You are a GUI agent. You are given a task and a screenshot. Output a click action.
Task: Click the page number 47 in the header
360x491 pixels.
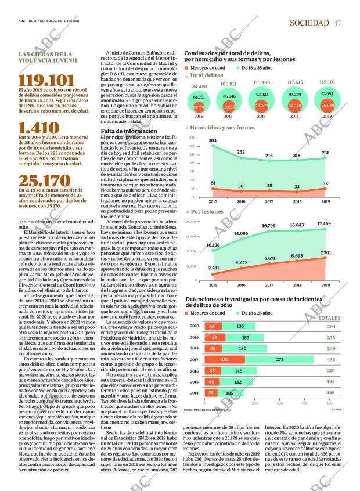(x=337, y=23)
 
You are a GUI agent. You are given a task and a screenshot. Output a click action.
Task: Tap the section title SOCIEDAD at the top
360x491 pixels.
(x=309, y=23)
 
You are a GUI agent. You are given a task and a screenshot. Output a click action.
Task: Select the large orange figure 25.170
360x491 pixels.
(x=44, y=181)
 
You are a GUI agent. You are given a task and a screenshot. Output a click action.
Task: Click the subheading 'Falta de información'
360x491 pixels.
(x=129, y=131)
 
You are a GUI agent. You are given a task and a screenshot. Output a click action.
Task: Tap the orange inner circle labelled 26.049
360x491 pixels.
(x=327, y=105)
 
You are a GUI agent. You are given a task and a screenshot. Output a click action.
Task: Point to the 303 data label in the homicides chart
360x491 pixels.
(x=213, y=140)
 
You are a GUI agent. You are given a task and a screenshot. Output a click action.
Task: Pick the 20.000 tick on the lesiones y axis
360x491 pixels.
(x=192, y=222)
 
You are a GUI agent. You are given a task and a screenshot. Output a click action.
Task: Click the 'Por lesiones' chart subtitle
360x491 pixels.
(x=207, y=212)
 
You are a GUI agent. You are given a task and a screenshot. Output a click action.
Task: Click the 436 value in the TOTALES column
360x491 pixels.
(x=331, y=360)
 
